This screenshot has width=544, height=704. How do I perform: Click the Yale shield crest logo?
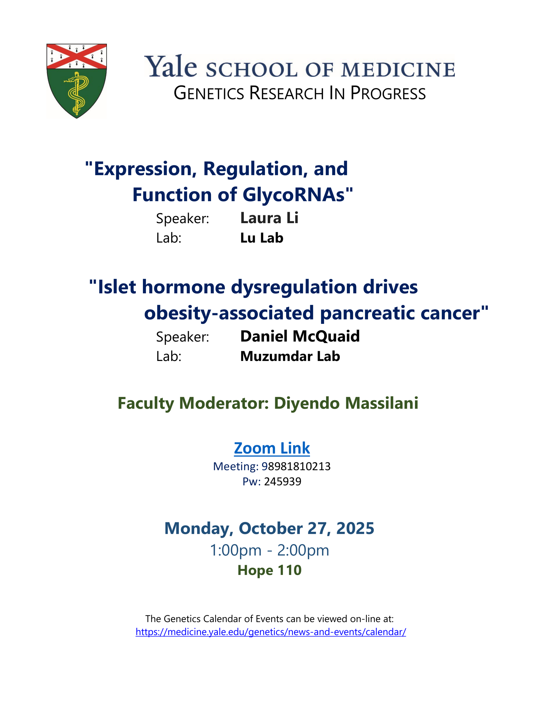[77, 81]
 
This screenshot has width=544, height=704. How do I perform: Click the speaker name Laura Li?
[269, 218]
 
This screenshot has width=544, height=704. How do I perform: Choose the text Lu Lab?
[262, 238]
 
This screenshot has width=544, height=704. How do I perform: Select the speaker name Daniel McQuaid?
[300, 336]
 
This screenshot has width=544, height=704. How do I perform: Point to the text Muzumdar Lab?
[290, 356]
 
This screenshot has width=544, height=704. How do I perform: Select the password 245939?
[283, 482]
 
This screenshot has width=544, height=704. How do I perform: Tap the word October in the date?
[271, 528]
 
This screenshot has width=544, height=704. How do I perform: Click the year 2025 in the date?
[355, 528]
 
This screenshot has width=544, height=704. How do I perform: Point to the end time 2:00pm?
[303, 551]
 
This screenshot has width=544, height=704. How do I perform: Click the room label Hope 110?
[269, 570]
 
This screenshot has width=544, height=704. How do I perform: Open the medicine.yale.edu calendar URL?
[271, 632]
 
